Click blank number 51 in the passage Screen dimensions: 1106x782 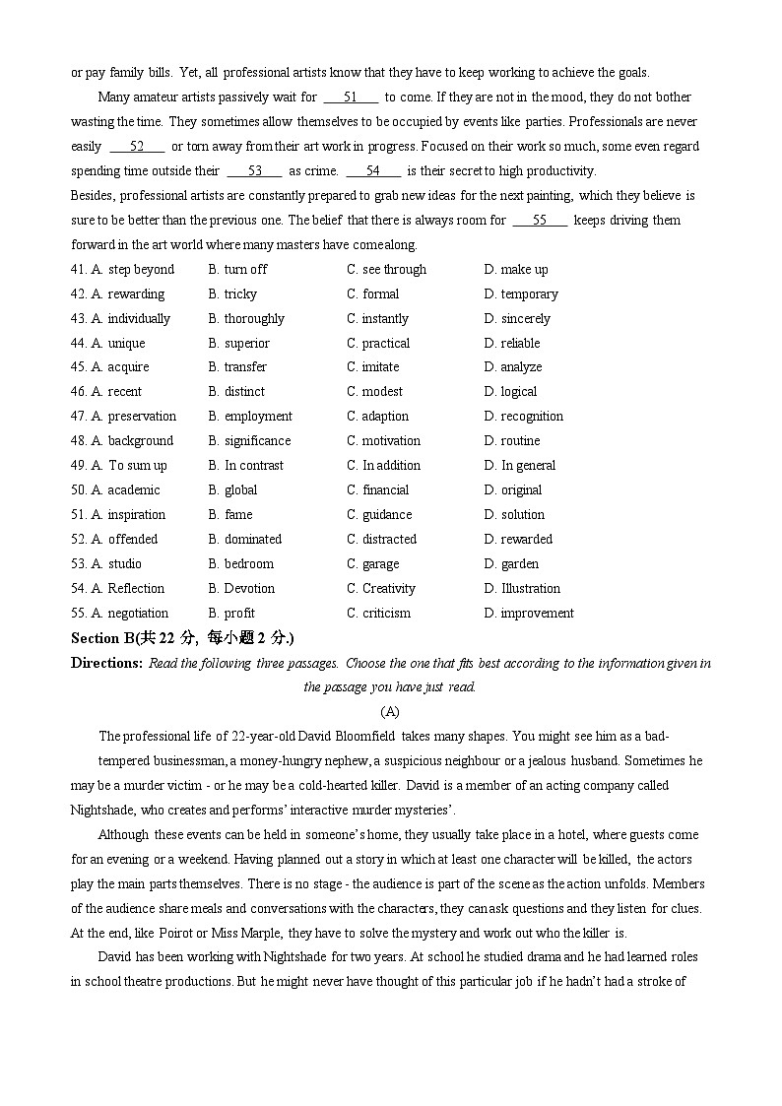point(351,98)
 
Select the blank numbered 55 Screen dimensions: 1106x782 point(540,221)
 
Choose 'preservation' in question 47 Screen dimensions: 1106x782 point(142,417)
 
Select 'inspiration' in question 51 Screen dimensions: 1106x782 point(137,515)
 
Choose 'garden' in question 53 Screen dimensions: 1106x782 point(519,564)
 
